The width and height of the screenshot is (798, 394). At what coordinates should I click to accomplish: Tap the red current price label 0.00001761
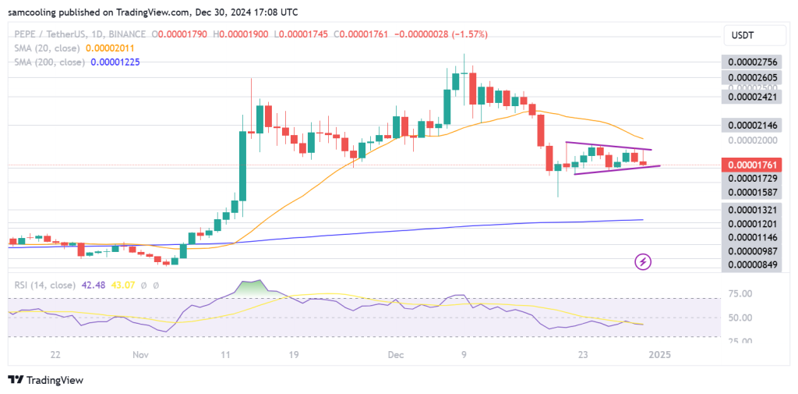coord(752,165)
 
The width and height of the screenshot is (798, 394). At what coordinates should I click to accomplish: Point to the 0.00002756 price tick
coord(752,62)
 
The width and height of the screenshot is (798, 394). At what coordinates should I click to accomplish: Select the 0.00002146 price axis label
coord(752,125)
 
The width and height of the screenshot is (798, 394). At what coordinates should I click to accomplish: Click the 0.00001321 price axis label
coord(752,209)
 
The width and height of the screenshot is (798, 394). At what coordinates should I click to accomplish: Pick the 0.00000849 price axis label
coord(752,264)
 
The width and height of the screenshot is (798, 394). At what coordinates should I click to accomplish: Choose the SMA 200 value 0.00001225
coord(115,62)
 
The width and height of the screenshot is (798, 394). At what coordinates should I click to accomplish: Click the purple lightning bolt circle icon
coord(644,261)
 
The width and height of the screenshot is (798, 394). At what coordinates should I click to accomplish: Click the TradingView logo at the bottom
coord(46,380)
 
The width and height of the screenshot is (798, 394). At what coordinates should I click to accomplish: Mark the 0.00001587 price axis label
coord(752,191)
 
